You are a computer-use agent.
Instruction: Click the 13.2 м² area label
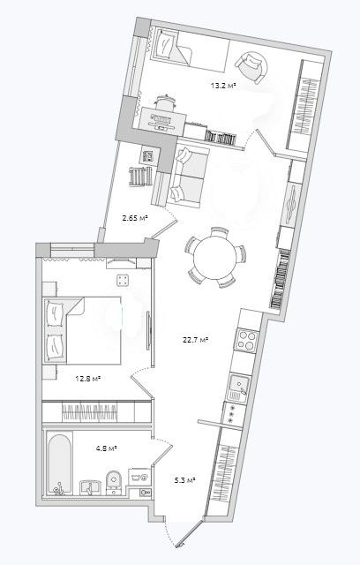(x=223, y=86)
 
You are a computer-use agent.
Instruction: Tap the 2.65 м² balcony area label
(x=135, y=218)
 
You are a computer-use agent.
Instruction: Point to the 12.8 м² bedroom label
(x=87, y=379)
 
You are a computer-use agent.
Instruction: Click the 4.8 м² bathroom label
(x=108, y=448)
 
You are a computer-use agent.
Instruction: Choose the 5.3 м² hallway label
(x=185, y=480)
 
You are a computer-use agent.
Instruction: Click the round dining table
(x=215, y=257)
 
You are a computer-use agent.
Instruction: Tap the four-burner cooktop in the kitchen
(x=246, y=339)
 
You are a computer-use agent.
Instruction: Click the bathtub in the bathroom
(x=59, y=463)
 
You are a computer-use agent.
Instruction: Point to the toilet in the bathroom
(x=115, y=482)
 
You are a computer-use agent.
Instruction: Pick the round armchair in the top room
(x=251, y=67)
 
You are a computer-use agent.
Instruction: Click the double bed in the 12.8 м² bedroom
(x=82, y=330)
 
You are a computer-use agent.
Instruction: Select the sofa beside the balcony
(x=189, y=176)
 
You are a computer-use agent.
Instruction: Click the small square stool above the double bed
(x=123, y=280)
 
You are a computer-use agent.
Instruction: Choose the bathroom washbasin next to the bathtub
(x=90, y=487)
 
